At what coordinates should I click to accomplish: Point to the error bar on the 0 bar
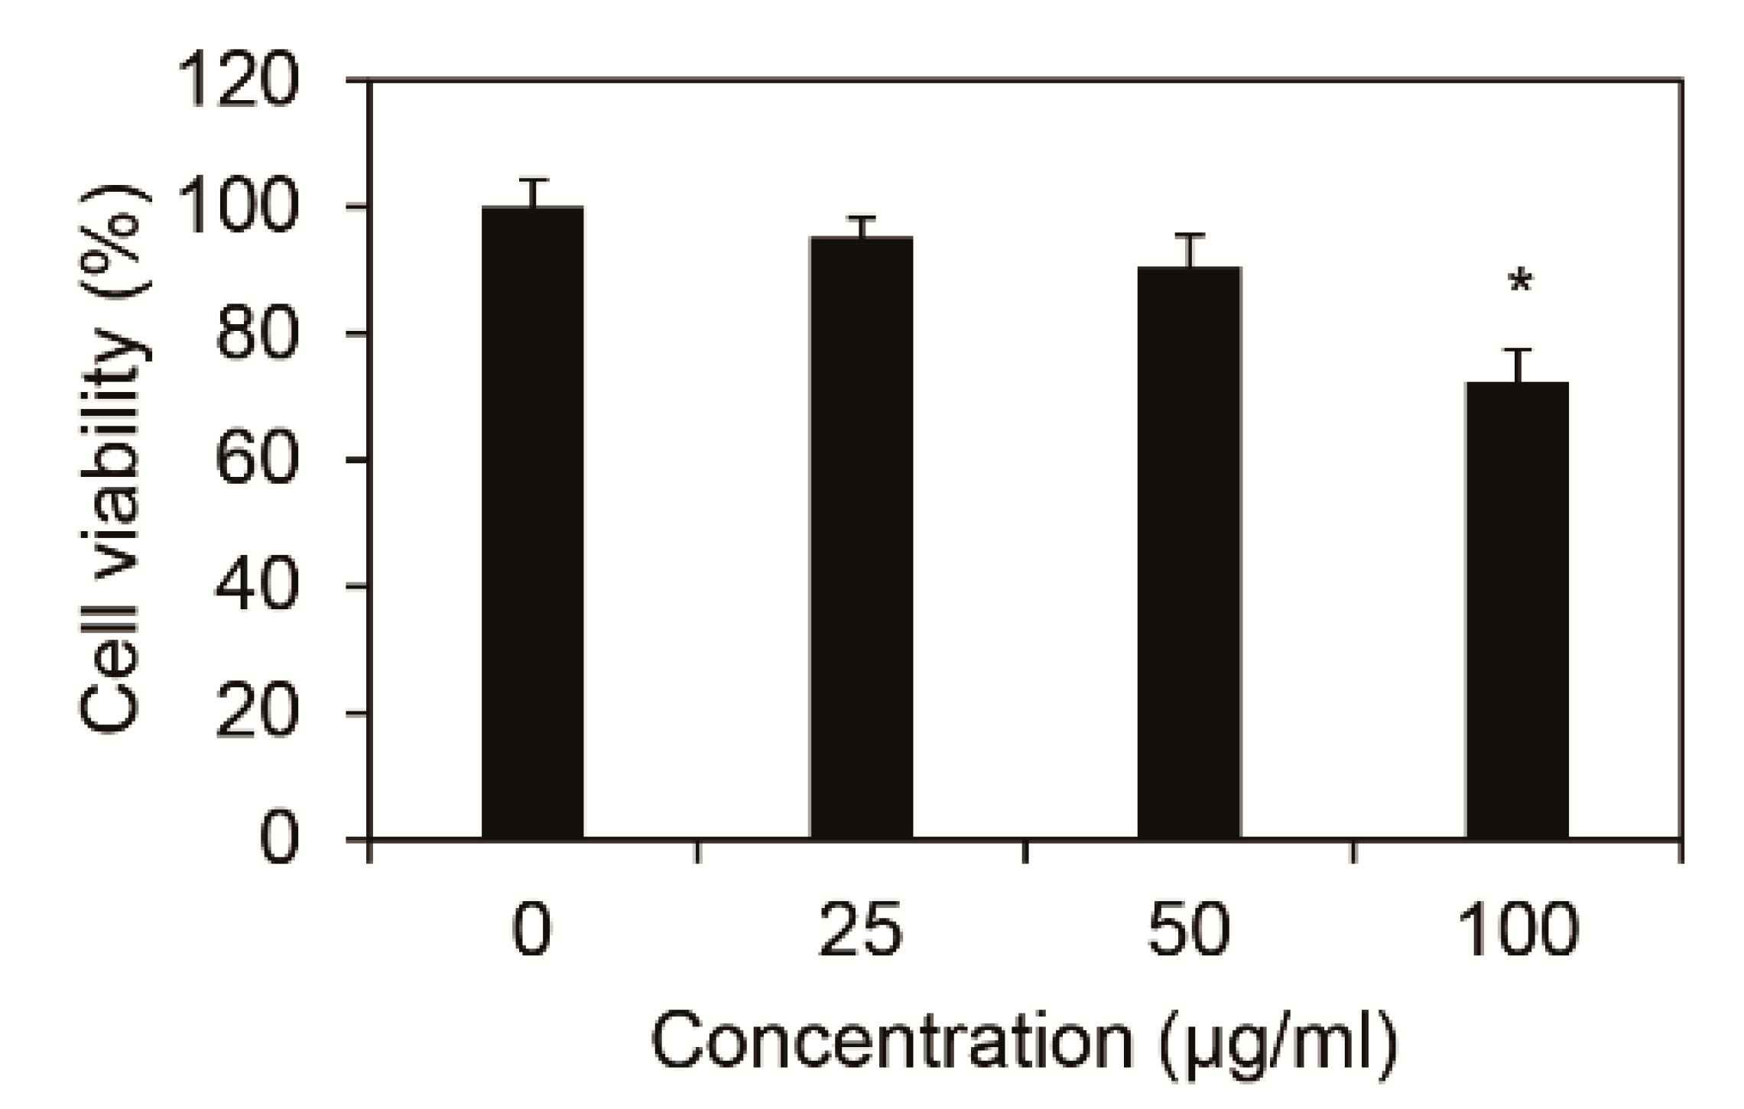click(534, 193)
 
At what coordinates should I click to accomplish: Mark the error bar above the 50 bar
click(1190, 250)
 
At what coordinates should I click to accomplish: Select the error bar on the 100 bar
click(1518, 365)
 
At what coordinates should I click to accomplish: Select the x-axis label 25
click(861, 930)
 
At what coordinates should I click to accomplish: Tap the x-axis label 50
click(1189, 930)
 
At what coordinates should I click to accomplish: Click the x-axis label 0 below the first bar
click(532, 930)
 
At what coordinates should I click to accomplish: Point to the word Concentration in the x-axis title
click(891, 1042)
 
